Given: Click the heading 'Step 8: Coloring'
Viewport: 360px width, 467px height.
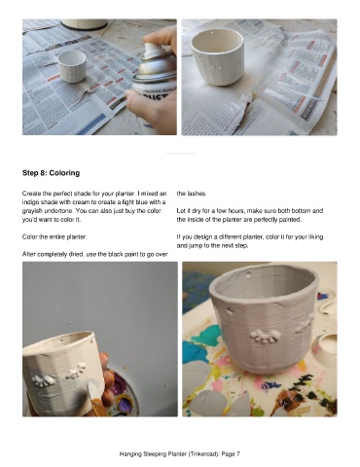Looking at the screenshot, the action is coord(51,173).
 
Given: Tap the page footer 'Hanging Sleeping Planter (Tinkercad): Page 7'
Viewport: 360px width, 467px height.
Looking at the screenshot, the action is coord(180,454).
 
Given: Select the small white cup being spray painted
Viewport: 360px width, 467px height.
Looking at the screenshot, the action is coord(72,66).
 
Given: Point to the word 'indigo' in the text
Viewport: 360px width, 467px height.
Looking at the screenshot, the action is coord(29,202).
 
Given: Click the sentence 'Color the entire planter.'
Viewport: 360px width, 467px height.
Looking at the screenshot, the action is coord(54,236).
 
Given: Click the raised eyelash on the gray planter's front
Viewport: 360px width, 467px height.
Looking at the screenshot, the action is coord(266,336).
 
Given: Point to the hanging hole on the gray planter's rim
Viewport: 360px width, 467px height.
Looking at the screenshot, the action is coord(249,275).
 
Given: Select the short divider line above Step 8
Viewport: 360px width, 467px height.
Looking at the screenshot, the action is coord(180,153).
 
